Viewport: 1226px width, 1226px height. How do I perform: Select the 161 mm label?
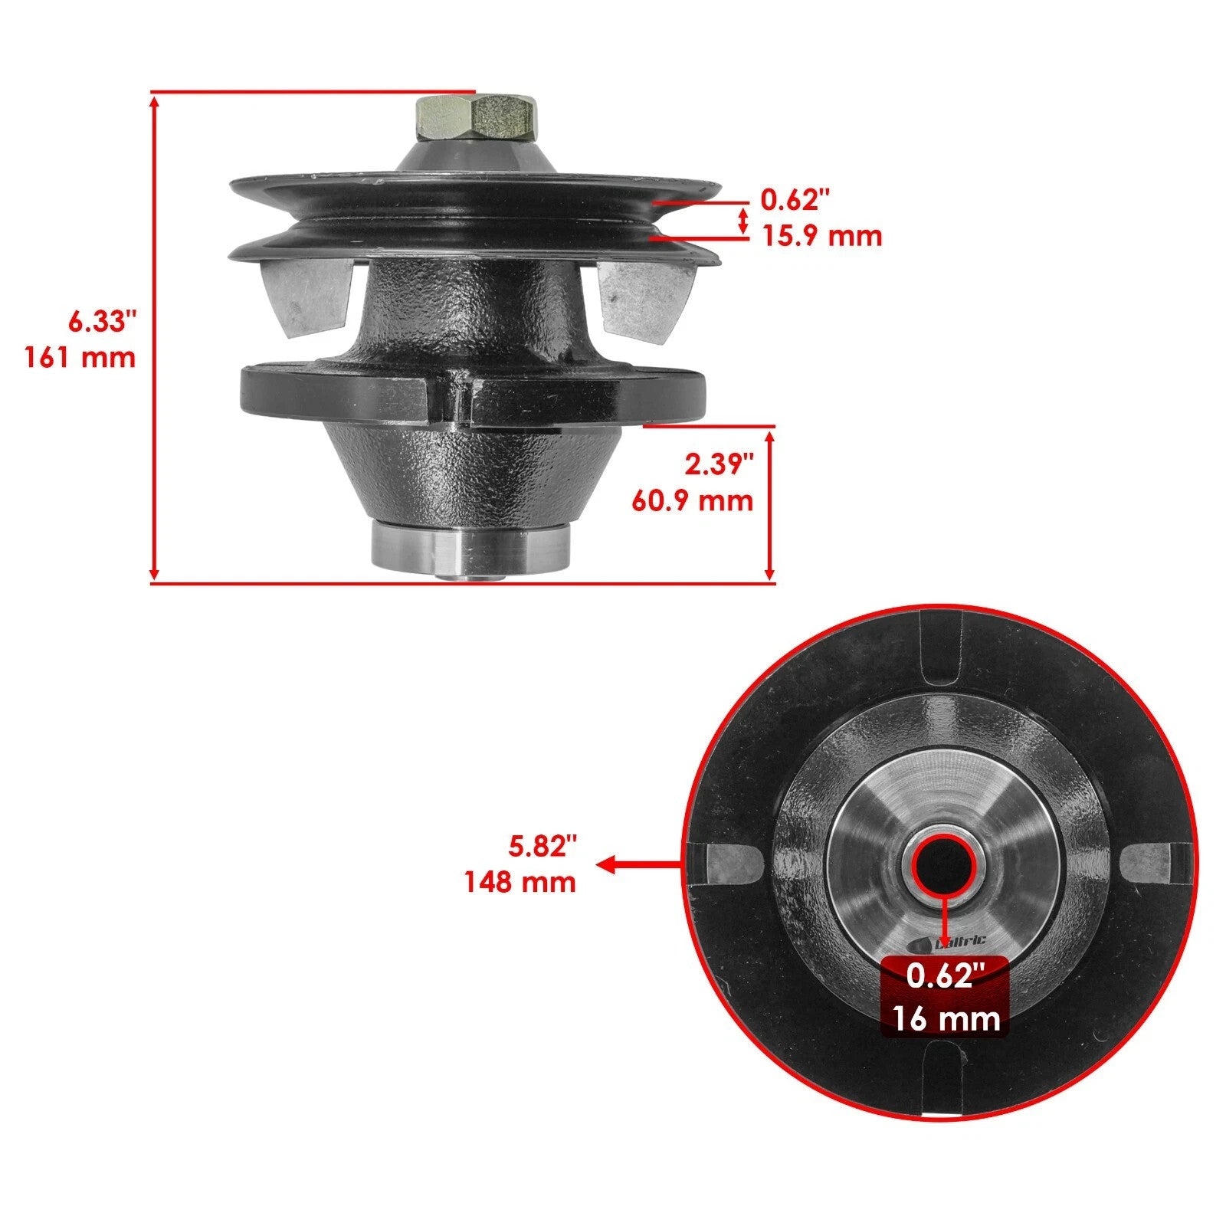click(x=80, y=357)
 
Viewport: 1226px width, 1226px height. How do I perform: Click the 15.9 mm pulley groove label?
click(x=821, y=235)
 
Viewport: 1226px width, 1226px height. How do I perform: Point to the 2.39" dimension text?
click(x=719, y=464)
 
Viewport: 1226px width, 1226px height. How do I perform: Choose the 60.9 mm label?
click(x=692, y=500)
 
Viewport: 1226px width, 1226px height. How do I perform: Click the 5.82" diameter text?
click(x=543, y=846)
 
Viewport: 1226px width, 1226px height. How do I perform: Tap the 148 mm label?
click(x=520, y=882)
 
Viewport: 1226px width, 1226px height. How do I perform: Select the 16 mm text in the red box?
click(x=946, y=1019)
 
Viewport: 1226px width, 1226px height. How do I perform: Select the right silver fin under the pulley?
click(x=642, y=299)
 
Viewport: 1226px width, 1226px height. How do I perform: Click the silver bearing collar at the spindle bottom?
click(x=470, y=548)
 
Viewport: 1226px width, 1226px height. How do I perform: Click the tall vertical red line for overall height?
click(x=155, y=337)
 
